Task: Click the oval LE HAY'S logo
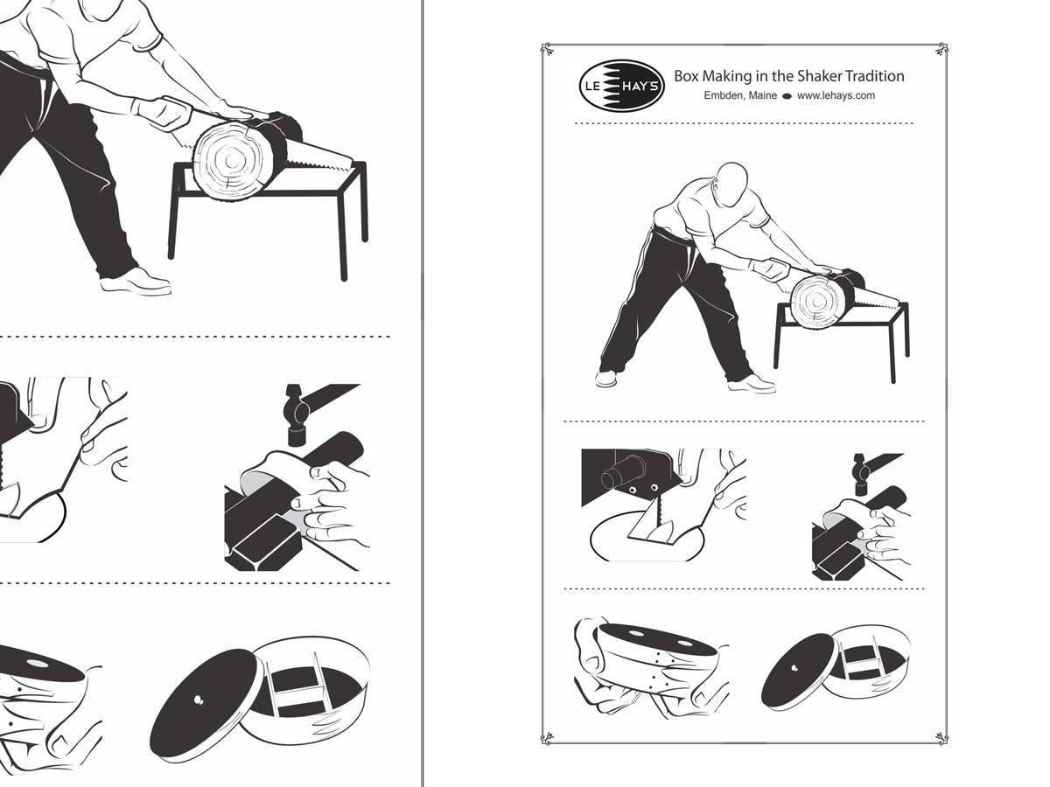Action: pos(621,86)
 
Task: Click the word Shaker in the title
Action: pos(818,76)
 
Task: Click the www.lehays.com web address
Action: pos(836,95)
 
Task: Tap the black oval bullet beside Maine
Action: pos(787,96)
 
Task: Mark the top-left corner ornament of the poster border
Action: pos(547,49)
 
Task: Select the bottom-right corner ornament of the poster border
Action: pos(941,737)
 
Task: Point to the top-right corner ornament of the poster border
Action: pos(941,49)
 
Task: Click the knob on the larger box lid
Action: pos(199,700)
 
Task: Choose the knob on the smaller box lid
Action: pos(795,668)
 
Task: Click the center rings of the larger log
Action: pos(232,161)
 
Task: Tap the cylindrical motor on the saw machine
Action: pos(622,470)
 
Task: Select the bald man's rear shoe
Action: pos(605,380)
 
